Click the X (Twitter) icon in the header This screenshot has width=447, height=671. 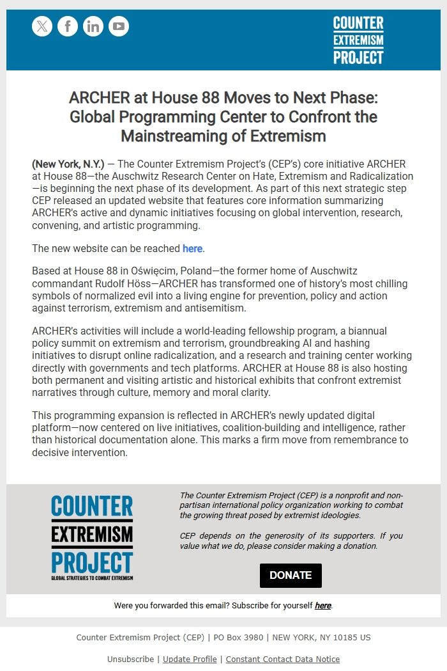tap(42, 26)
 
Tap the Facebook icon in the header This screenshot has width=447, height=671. tap(68, 26)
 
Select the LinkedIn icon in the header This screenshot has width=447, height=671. tap(93, 26)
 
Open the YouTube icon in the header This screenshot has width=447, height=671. tap(119, 26)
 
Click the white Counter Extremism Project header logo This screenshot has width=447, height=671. tap(358, 40)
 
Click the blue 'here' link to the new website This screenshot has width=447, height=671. tap(192, 248)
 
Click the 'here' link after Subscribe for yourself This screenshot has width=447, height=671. tap(323, 605)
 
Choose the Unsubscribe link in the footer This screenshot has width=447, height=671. tap(130, 659)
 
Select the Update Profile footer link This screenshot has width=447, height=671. tap(190, 659)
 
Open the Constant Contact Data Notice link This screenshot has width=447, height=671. tap(282, 659)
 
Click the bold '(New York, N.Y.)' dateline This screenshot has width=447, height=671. tap(68, 164)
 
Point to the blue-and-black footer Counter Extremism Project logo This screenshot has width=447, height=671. tap(92, 537)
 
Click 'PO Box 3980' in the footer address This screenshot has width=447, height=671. tap(237, 637)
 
